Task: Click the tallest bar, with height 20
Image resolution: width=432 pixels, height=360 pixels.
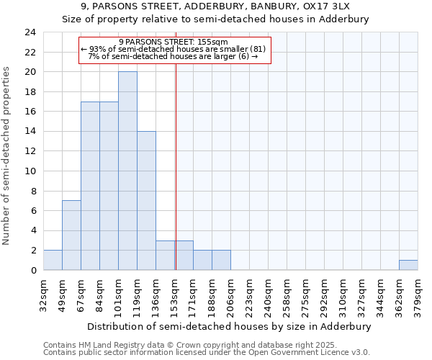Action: coord(127,171)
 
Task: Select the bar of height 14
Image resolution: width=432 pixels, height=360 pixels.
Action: coord(146,201)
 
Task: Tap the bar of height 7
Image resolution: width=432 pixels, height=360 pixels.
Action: coord(71,235)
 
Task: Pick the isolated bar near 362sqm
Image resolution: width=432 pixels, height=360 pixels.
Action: coord(408,265)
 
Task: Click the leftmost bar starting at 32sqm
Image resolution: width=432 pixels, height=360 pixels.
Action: coord(53,261)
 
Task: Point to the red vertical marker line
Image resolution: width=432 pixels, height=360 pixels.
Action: coord(176,166)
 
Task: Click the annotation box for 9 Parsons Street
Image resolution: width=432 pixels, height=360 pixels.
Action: coord(173,50)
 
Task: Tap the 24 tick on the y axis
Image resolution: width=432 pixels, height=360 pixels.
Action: coord(30,32)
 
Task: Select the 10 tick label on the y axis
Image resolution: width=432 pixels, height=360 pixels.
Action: coord(30,171)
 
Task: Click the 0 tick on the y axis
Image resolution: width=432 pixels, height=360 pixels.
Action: coord(32,271)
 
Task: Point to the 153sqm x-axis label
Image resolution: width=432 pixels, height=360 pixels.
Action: coord(174,295)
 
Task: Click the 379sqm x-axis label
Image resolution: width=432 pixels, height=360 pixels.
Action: coord(418,295)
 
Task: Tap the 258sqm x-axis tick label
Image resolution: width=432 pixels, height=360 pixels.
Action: coord(287,295)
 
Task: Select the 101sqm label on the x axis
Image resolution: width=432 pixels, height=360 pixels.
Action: coord(118,295)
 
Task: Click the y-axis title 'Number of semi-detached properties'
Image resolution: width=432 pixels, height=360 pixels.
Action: coord(8,156)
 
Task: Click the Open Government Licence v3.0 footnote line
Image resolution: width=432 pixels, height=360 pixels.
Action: coord(207,353)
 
